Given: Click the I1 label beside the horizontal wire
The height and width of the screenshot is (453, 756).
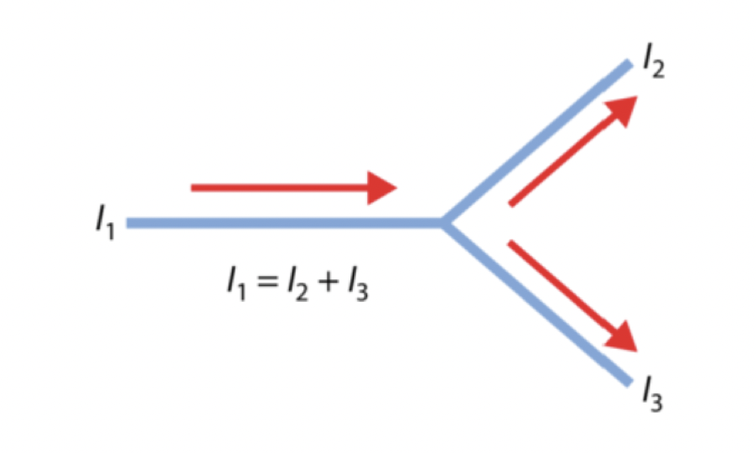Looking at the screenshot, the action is [105, 222].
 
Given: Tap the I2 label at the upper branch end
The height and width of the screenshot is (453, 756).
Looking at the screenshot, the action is [654, 60].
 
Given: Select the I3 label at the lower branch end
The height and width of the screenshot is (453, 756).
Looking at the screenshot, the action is [652, 393].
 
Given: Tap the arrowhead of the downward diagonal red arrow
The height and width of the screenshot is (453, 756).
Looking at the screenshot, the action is [621, 336].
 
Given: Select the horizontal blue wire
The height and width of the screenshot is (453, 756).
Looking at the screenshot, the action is [284, 223].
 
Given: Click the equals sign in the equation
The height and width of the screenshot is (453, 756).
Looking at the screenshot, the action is [267, 281].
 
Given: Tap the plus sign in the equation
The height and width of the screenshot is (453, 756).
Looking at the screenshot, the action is [328, 281].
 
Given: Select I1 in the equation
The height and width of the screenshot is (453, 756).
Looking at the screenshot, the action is [236, 284].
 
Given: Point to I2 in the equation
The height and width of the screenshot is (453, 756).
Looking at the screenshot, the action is [298, 284].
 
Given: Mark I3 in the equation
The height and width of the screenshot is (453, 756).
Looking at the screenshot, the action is [358, 284].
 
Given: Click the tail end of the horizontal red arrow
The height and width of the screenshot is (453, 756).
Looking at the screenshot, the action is [192, 188].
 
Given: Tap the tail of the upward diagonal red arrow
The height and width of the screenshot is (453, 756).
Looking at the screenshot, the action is [511, 204].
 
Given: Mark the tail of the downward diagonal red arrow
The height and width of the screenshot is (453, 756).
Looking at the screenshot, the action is [510, 243].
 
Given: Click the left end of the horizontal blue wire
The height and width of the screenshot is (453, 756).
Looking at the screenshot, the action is [127, 223].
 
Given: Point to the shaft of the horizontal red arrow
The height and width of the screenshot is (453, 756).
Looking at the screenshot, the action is [280, 188].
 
